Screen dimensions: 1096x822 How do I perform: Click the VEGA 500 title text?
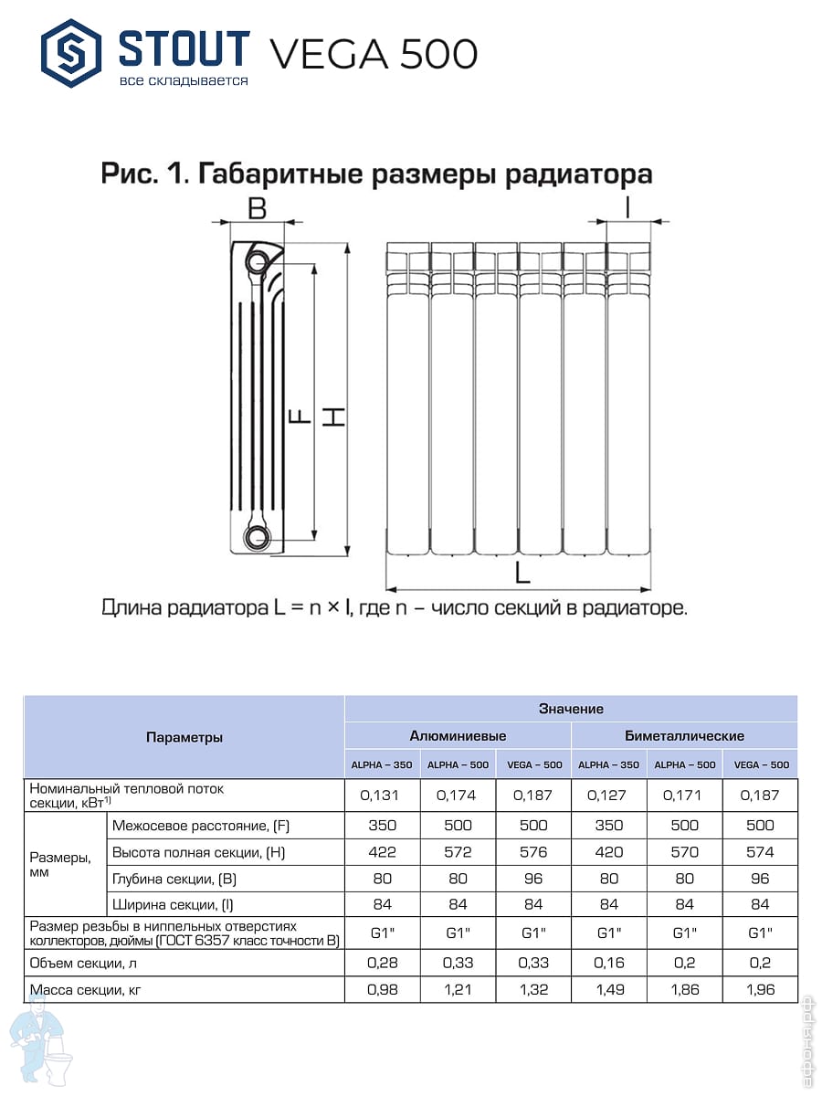click(373, 55)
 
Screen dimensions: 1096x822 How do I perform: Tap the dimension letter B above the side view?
click(257, 208)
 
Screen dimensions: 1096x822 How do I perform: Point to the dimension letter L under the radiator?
click(522, 574)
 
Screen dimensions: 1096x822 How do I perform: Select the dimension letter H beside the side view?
click(337, 417)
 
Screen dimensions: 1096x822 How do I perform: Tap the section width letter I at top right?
click(627, 208)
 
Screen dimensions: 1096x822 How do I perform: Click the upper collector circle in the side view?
click(257, 262)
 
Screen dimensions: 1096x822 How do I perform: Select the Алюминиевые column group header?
click(457, 736)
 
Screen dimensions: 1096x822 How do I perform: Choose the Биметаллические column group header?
click(684, 736)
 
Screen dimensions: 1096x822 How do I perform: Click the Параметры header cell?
click(184, 737)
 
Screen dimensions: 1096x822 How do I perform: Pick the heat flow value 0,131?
click(382, 795)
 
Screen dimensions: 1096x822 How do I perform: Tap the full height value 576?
click(533, 852)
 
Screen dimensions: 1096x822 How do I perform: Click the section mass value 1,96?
click(760, 989)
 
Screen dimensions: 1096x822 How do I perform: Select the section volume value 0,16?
click(608, 963)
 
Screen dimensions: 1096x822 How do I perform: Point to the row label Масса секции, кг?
click(88, 989)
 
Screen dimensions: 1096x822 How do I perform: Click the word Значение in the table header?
click(571, 709)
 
